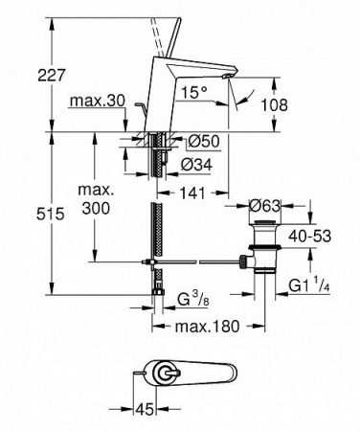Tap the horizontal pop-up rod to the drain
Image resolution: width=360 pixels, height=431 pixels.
196,260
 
